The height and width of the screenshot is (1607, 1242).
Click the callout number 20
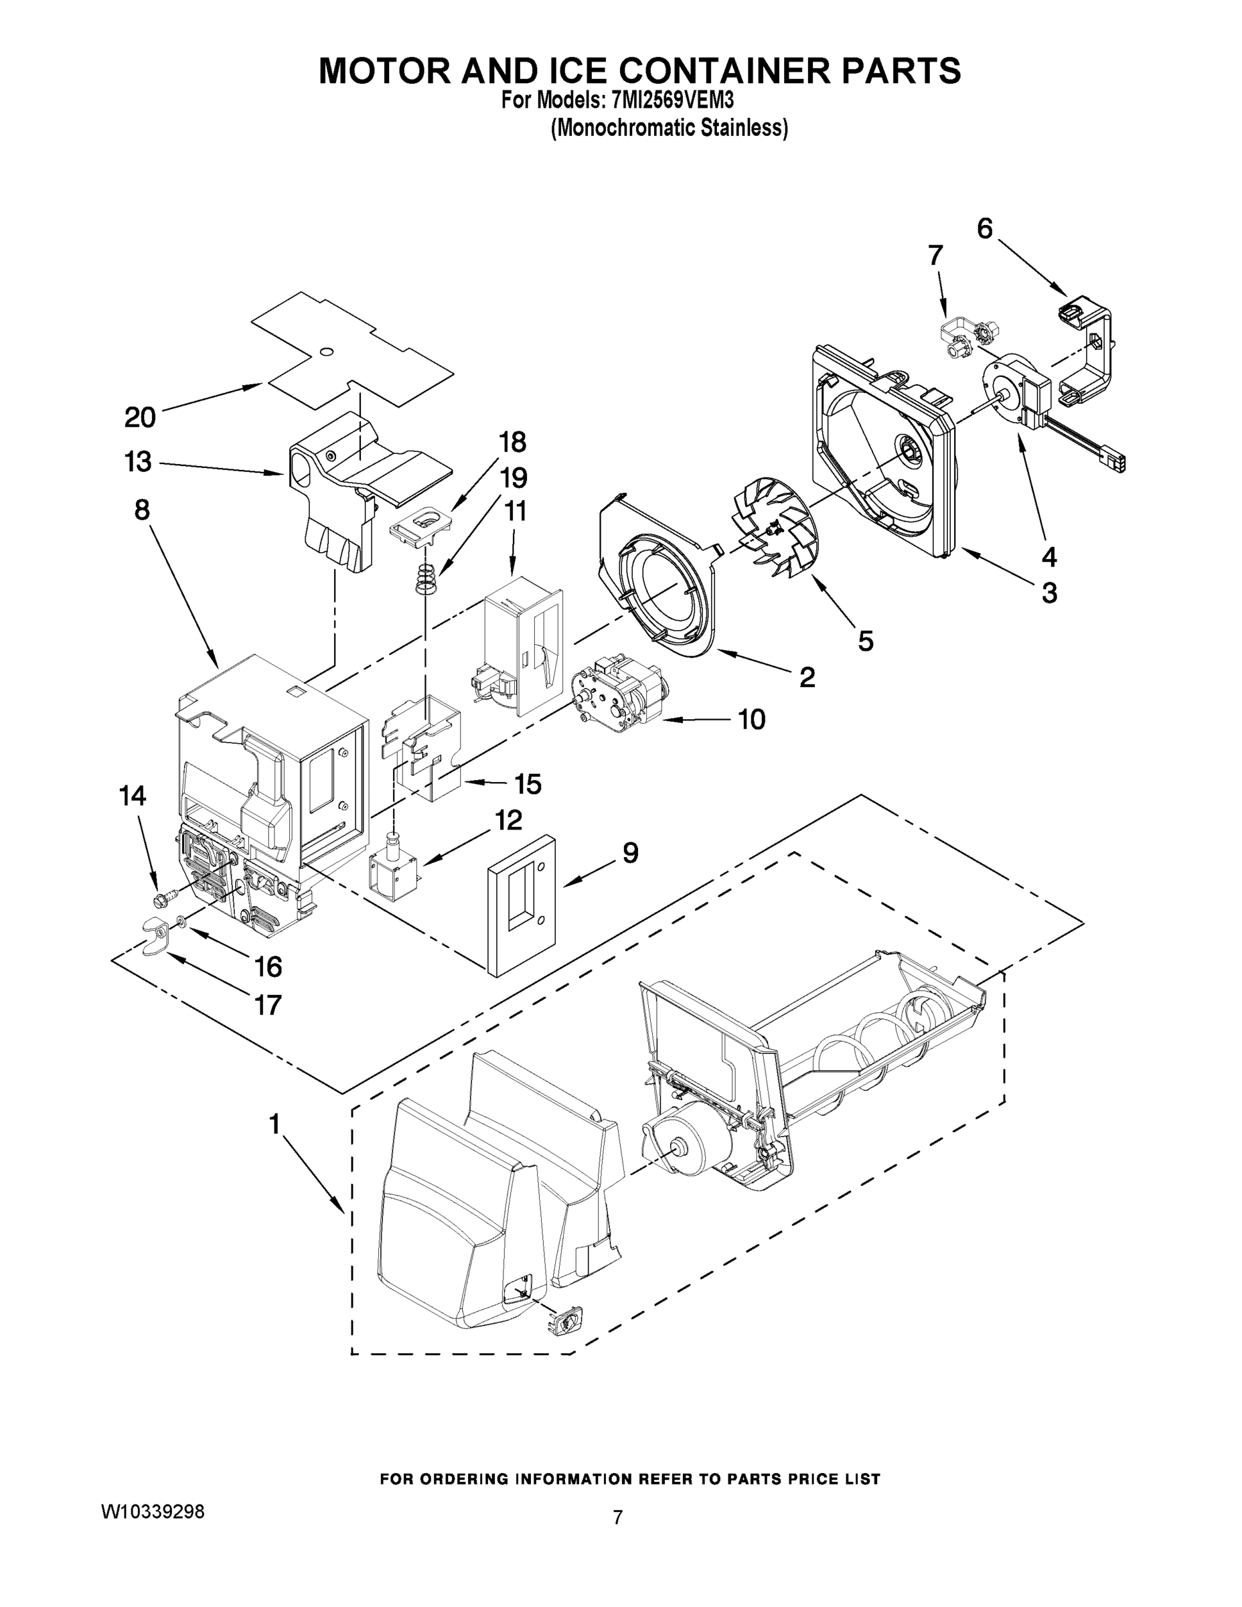(x=140, y=417)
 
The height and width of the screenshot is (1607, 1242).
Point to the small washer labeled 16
(x=180, y=921)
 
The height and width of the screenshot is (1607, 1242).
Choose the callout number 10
(x=751, y=719)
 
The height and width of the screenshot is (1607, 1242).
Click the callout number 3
(x=1049, y=593)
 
